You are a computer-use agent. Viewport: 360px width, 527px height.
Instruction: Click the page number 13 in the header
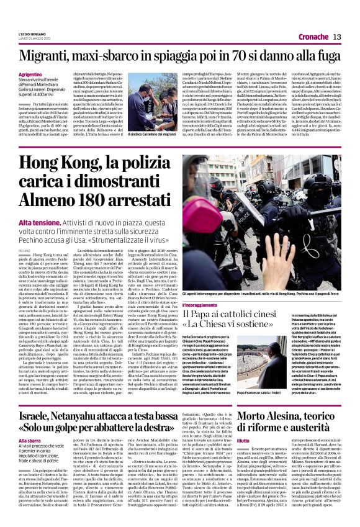coord(338,37)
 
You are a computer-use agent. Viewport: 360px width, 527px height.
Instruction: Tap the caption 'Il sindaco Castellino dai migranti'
coord(152,134)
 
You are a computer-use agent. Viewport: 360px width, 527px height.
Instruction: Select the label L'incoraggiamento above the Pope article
coord(200,305)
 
